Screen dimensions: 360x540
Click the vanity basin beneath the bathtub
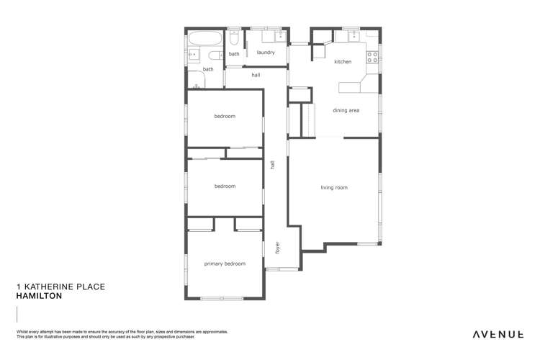coord(193,54)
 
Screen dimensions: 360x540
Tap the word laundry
coord(266,53)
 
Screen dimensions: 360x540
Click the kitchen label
coord(343,62)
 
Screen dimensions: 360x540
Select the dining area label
coord(346,110)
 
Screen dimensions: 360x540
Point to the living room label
coord(334,188)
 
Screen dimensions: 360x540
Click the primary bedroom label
coord(225,264)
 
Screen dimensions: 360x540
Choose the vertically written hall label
coord(273,164)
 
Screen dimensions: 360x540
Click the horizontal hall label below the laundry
coord(256,75)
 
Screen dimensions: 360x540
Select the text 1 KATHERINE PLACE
coord(60,287)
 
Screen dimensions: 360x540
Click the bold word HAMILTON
coord(40,296)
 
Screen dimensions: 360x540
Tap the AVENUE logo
coord(498,334)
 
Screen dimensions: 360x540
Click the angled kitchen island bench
coord(353,87)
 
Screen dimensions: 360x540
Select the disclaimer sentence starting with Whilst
coord(122,332)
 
